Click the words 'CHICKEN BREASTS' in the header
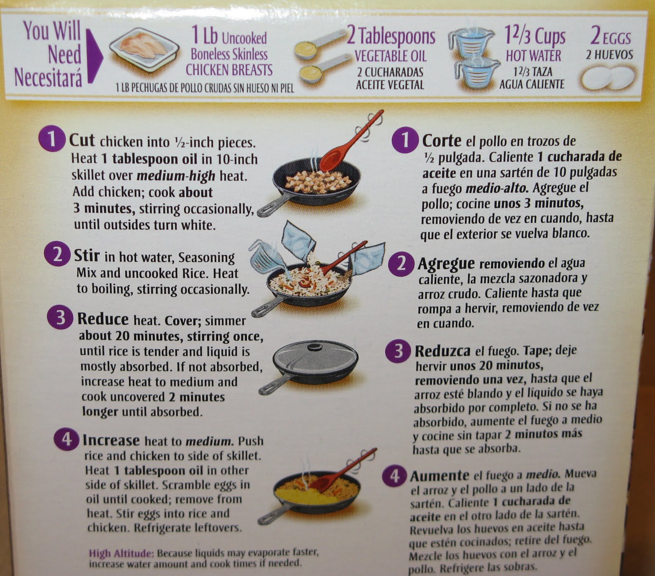[229, 70]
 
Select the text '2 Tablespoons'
[391, 36]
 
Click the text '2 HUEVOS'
[609, 54]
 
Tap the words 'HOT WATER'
[533, 56]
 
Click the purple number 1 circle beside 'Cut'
[52, 139]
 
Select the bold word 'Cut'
[82, 140]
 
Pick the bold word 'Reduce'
[103, 319]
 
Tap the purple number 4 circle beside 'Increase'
[65, 440]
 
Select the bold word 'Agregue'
[446, 263]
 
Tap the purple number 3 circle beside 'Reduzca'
[398, 351]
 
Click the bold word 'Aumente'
[439, 476]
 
